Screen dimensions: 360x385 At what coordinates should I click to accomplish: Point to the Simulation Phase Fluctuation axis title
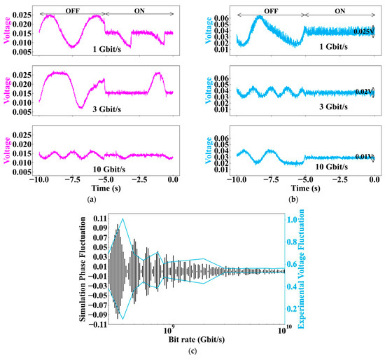[x=82, y=269]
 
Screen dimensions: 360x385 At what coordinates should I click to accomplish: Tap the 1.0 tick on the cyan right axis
[x=293, y=219]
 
